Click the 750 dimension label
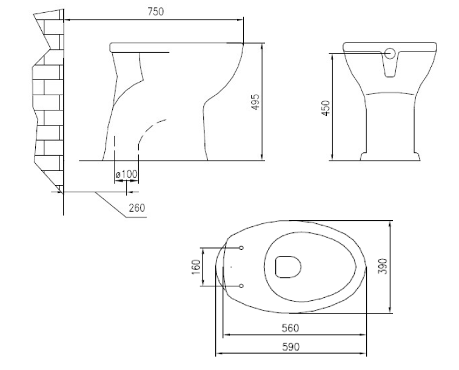(x=156, y=12)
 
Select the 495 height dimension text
(x=255, y=102)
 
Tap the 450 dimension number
(x=326, y=108)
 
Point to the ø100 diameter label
(x=127, y=174)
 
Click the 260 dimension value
(x=137, y=208)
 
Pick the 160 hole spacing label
(x=196, y=267)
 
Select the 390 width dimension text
(x=383, y=266)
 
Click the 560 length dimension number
(x=290, y=328)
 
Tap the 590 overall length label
(x=291, y=347)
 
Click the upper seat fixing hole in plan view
(x=241, y=248)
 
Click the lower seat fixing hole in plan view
(x=241, y=286)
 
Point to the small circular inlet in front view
(x=390, y=53)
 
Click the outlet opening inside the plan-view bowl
(x=289, y=267)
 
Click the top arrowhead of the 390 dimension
(x=390, y=224)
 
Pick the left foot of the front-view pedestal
(x=363, y=156)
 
